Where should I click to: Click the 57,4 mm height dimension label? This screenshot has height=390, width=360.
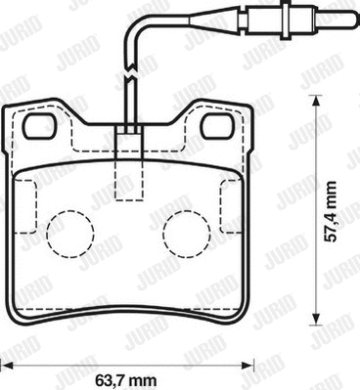pos(331,211)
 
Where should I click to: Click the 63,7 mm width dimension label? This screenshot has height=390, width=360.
pos(126,379)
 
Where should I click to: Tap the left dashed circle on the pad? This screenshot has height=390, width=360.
pos(70,234)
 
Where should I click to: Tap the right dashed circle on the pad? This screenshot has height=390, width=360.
pos(187,234)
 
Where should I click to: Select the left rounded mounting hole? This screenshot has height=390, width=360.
pos(40,126)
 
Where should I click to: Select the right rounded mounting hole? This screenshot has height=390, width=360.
pos(218,126)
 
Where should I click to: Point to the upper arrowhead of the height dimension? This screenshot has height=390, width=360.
pos(315,101)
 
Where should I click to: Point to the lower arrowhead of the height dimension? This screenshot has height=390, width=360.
pos(315,320)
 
